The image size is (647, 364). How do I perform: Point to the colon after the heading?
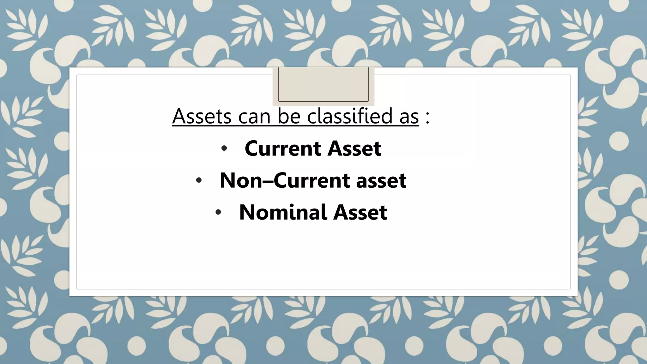(427, 117)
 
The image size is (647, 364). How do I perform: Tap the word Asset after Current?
(354, 148)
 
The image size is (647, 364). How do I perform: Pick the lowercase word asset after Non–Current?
(381, 180)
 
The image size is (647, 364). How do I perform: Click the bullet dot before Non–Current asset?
(198, 181)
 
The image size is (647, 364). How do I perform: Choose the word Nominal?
(282, 212)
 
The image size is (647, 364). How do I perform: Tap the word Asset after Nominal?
(360, 212)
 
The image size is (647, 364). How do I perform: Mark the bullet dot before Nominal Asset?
(218, 213)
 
